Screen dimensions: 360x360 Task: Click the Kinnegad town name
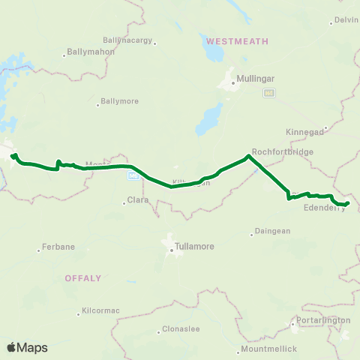click(304, 131)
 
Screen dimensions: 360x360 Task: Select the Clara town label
click(138, 200)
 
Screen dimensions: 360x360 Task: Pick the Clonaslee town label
click(180, 331)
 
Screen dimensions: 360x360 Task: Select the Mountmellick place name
click(268, 349)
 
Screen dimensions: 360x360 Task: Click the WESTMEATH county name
click(237, 40)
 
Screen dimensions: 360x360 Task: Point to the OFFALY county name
click(82, 277)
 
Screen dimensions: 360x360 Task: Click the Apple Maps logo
click(27, 347)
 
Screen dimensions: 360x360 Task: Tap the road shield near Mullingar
click(268, 92)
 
